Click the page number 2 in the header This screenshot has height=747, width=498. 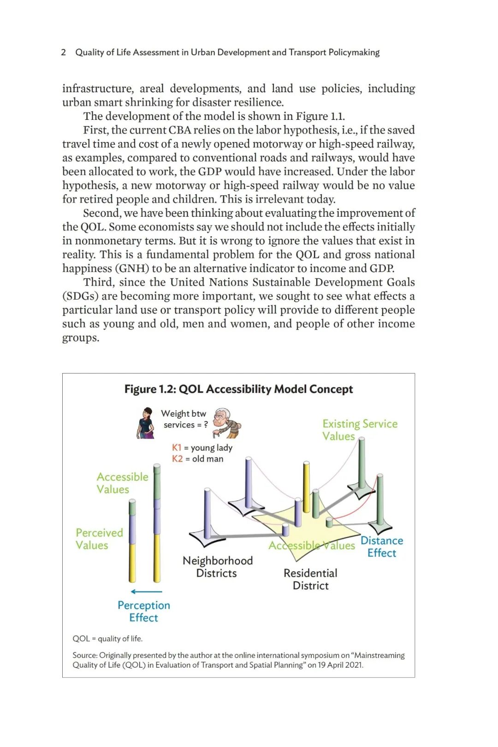(63, 53)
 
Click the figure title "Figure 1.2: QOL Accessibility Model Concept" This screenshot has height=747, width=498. (238, 389)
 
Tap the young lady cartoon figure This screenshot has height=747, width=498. (146, 423)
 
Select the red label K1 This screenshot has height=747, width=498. (177, 448)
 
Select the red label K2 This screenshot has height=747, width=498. (177, 459)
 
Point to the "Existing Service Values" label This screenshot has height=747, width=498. (359, 430)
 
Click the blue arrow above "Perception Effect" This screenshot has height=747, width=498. (146, 592)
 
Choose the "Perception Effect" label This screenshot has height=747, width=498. (143, 611)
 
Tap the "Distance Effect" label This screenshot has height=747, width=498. (382, 547)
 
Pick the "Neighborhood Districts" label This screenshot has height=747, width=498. (217, 567)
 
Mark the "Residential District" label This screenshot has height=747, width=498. (310, 579)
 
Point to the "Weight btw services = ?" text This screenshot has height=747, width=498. (184, 419)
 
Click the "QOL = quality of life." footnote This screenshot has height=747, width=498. (107, 639)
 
